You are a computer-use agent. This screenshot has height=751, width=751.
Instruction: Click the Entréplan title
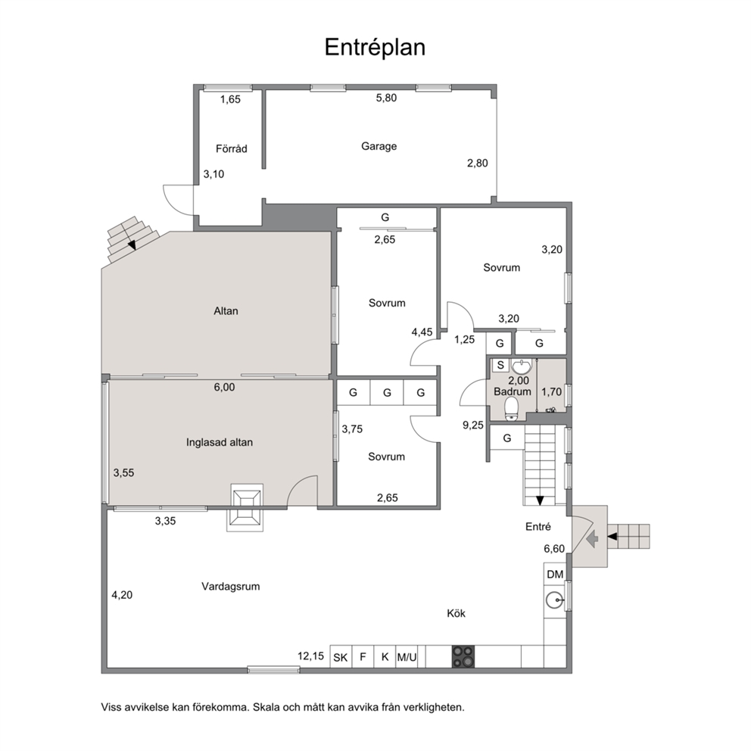[x=375, y=48]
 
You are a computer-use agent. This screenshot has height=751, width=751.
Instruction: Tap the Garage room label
[x=379, y=146]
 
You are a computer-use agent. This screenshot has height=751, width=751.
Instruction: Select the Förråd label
[x=232, y=148]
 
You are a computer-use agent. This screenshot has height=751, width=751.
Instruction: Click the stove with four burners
[x=463, y=656]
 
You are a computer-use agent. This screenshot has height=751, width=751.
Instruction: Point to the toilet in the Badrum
[x=512, y=410]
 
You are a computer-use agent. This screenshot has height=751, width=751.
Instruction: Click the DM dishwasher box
[x=555, y=574]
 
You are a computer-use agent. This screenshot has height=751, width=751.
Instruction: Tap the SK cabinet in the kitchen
[x=341, y=657]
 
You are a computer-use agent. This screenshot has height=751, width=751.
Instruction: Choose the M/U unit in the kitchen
[x=407, y=657]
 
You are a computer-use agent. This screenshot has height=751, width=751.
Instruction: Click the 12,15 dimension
[x=311, y=656]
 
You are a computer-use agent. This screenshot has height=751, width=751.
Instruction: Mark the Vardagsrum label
[x=230, y=586]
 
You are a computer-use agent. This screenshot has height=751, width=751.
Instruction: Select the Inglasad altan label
[x=220, y=443]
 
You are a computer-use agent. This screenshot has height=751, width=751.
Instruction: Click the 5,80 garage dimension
[x=386, y=98]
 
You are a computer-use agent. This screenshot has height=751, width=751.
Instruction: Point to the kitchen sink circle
[x=555, y=600]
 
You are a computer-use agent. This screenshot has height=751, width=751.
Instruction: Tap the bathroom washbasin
[x=521, y=366]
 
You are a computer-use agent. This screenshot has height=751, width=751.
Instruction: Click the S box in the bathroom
[x=500, y=365]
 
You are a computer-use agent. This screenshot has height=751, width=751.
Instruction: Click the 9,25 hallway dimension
[x=472, y=425]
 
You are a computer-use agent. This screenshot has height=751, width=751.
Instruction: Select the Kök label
[x=456, y=613]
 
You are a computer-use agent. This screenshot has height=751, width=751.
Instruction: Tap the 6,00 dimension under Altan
[x=224, y=387]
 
